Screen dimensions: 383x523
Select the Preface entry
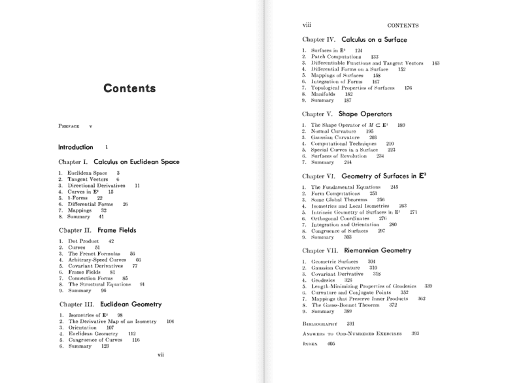[x=69, y=124]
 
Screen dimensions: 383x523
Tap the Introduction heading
[x=76, y=147]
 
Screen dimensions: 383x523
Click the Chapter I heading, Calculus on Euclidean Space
[x=119, y=161]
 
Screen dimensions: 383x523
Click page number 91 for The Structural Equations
[x=142, y=284]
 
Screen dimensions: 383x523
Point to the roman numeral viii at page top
[x=306, y=25]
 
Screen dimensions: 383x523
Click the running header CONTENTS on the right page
[x=403, y=25]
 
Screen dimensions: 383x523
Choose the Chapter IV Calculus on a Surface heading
[x=354, y=40]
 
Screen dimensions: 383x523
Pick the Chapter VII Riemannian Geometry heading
[x=356, y=250]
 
